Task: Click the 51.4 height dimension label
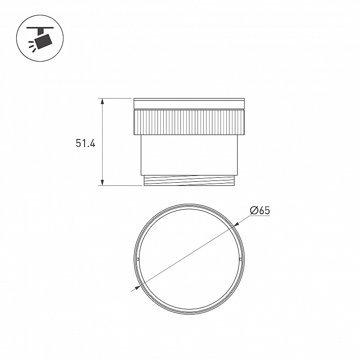pyautogui.click(x=85, y=144)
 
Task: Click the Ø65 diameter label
pyautogui.click(x=260, y=210)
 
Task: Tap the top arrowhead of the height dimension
pyautogui.click(x=103, y=102)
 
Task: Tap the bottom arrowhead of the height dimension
pyautogui.click(x=103, y=182)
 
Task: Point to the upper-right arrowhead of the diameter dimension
pyautogui.click(x=236, y=224)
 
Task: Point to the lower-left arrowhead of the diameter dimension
pyautogui.click(x=138, y=288)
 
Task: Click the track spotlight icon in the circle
pyautogui.click(x=40, y=38)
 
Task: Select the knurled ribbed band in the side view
pyautogui.click(x=189, y=122)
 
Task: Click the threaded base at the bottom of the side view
pyautogui.click(x=189, y=180)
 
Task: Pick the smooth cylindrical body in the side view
pyautogui.click(x=189, y=155)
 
